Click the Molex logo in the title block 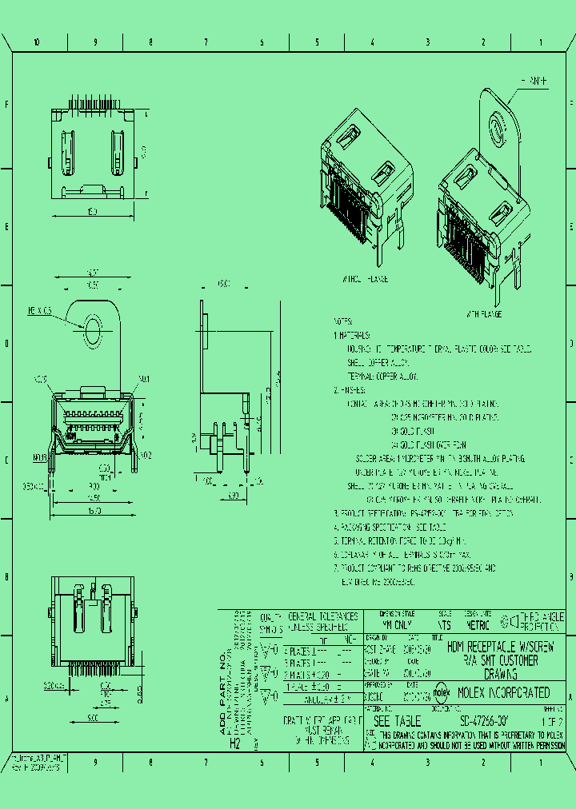[x=441, y=693]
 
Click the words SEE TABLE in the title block [x=394, y=720]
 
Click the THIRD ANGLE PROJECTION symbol [x=509, y=621]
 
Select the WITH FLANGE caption [x=484, y=315]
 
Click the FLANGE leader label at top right [x=534, y=82]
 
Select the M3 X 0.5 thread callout [x=40, y=309]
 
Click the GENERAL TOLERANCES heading [x=322, y=617]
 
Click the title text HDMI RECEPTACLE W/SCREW [x=498, y=647]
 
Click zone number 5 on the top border [x=317, y=42]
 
